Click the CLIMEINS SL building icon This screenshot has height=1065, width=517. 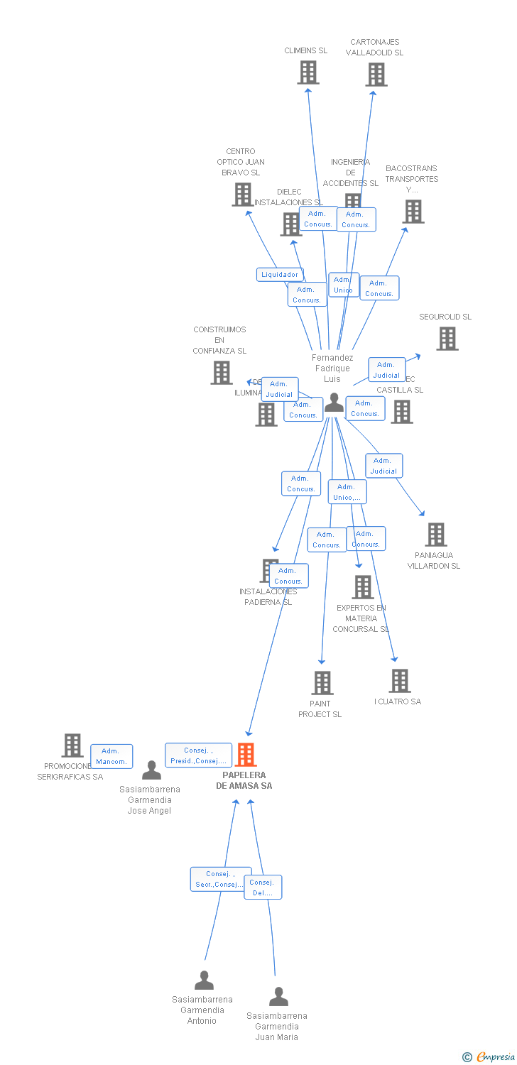[x=308, y=72]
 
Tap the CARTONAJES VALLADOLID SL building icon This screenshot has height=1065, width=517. [x=376, y=74]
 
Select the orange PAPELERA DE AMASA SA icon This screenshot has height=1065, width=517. [x=246, y=754]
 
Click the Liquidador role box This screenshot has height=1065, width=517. [x=280, y=275]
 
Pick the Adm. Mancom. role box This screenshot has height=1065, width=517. [x=111, y=756]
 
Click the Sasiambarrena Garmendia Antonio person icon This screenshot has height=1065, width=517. [x=204, y=981]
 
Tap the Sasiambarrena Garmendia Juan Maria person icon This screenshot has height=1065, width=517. [x=278, y=996]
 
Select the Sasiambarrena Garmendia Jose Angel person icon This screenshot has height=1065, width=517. [x=151, y=770]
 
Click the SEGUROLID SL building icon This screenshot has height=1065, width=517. [x=447, y=339]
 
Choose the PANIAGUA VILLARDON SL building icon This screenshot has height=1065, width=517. [x=435, y=535]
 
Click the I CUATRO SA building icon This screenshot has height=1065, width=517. [x=399, y=681]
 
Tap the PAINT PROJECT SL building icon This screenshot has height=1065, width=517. [x=322, y=683]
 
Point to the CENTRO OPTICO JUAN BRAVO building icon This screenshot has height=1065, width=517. [x=243, y=194]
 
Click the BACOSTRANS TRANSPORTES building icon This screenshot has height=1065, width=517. [x=413, y=211]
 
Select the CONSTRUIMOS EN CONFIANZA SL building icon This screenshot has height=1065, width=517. [x=222, y=372]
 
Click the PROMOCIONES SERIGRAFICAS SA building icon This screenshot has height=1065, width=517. [x=72, y=745]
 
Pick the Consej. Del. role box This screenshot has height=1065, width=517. [x=263, y=887]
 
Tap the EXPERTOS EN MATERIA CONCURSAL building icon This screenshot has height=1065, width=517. [x=363, y=587]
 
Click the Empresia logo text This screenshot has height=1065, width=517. [x=495, y=1057]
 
